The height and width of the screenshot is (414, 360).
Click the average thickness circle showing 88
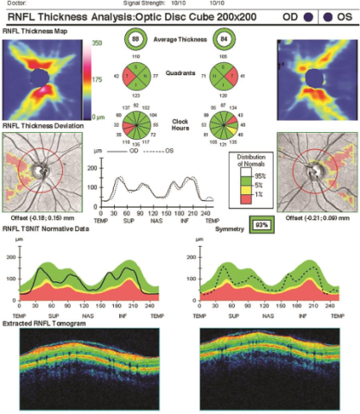pos(136,40)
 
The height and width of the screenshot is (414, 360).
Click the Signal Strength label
pos(144,3)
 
